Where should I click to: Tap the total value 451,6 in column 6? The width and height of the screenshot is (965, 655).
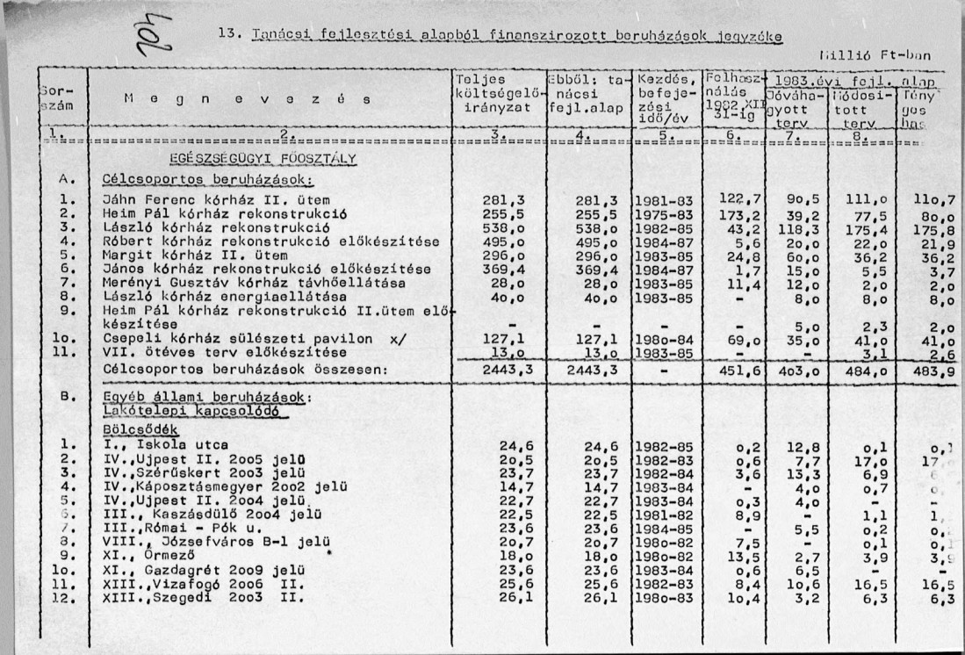point(738,372)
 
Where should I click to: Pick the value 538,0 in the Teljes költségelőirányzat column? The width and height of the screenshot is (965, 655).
point(504,227)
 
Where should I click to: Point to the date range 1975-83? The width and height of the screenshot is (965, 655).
point(664,214)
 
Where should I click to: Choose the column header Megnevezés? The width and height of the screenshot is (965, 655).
point(232,101)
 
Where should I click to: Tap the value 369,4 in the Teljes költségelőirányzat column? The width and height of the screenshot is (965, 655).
point(504,270)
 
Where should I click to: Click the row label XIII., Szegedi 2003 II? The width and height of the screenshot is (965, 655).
point(203,599)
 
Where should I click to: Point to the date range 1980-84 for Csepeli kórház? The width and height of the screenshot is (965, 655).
point(664,339)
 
